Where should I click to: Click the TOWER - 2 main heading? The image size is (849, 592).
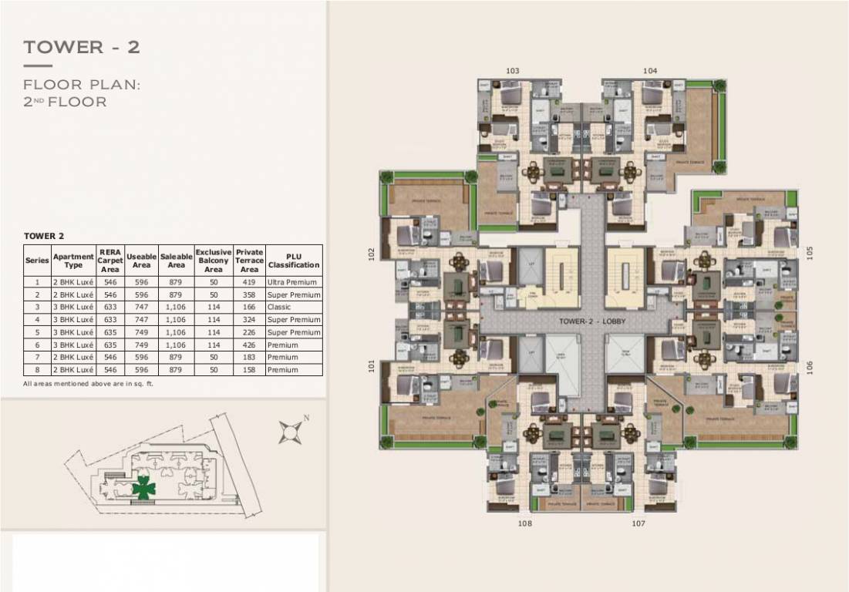[x=82, y=48]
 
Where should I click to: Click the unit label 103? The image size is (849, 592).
[x=513, y=71]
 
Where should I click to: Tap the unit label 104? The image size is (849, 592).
[x=649, y=71]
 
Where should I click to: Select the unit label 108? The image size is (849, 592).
[x=524, y=523]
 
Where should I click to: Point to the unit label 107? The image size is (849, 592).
[x=638, y=523]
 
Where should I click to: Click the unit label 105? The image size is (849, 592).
[x=810, y=253]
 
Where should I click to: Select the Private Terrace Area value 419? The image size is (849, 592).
[x=249, y=282]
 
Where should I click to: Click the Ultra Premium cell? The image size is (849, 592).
[x=293, y=282]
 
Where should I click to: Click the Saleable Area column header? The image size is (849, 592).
[x=176, y=261]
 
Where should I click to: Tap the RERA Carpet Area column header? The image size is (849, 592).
[x=110, y=261]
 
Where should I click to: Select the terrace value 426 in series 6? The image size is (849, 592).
[x=249, y=345]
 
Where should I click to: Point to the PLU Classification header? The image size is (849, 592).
[x=293, y=261]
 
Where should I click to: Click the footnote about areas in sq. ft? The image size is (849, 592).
[x=89, y=383]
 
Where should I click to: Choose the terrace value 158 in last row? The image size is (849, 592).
[x=249, y=370]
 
